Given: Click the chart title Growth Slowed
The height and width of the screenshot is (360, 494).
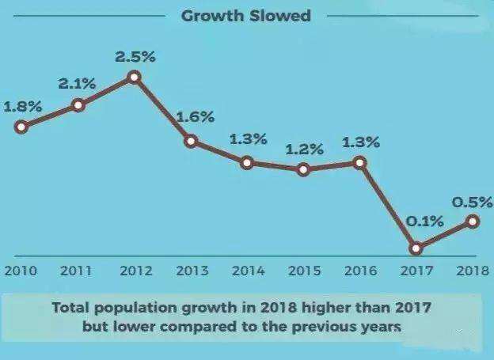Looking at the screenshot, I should tap(246, 15).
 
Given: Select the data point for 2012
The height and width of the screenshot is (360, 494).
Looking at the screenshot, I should tap(134, 77).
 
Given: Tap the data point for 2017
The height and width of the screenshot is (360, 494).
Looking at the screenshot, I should tap(416, 248).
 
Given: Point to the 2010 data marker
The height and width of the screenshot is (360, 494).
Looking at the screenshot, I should tap(21, 126).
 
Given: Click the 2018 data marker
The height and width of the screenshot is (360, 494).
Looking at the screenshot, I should tap(473, 222).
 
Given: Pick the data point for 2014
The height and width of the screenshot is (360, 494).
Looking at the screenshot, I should tap(247, 162).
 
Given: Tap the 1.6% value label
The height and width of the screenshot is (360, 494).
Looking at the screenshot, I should tap(196, 117).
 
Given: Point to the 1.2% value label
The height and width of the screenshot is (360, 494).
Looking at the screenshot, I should tap(305, 149).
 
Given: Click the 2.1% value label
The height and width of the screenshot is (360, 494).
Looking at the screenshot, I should tap(77, 81).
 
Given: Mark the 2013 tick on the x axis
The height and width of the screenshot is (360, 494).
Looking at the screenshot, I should tap(191, 270).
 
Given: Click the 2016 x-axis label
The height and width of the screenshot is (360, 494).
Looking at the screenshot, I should tap(360, 270).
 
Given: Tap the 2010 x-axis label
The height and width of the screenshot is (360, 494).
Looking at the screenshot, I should tap(21, 270).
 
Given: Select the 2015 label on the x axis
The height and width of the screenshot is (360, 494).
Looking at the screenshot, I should tap(304, 270).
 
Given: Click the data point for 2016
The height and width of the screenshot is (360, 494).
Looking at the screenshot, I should tap(360, 162).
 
